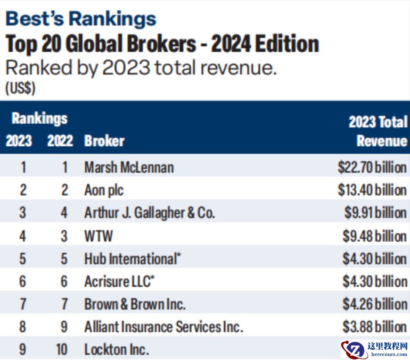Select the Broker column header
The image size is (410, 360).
tap(104, 141)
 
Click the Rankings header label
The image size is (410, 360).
tap(40, 118)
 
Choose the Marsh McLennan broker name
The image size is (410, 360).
tap(129, 167)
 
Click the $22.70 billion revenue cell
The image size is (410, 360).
tap(372, 167)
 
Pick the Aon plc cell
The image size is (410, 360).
tap(104, 190)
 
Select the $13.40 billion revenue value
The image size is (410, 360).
tap(372, 190)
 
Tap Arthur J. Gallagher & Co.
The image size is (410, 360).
tap(149, 213)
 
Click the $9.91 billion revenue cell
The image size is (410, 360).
tap(375, 213)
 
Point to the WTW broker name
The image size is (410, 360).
tap(98, 236)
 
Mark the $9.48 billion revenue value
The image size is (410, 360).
tap(375, 236)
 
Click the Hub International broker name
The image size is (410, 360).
tap(132, 259)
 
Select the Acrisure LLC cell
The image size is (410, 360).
tap(119, 282)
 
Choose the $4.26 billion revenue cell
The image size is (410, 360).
tap(375, 304)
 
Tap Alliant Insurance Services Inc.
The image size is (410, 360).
tap(164, 327)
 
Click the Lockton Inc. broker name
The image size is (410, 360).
tap(116, 350)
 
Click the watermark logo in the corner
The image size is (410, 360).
tap(374, 349)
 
